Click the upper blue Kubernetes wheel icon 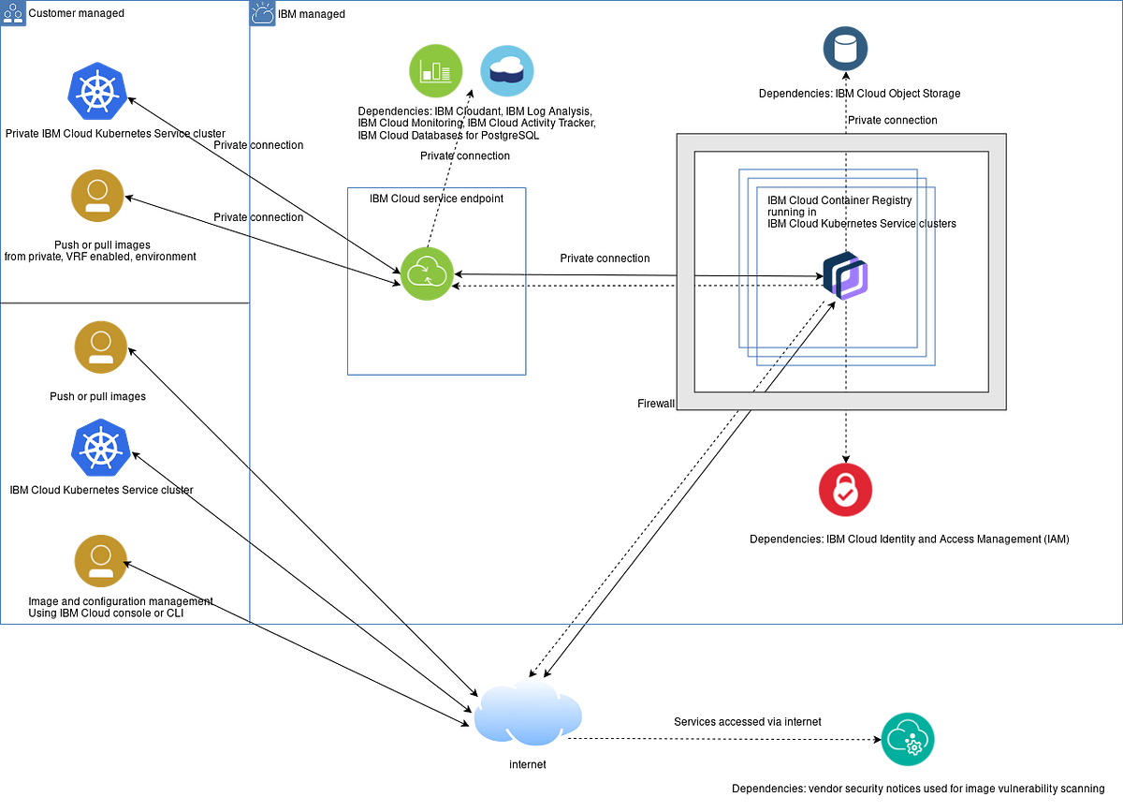pos(96,92)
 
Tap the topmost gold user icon pos(97,195)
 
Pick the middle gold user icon pos(101,347)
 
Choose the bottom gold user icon pos(101,561)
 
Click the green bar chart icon pos(435,70)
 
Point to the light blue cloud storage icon pos(506,70)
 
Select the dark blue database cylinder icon pos(845,48)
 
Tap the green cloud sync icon pos(428,273)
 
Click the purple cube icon pos(847,276)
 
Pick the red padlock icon pos(845,489)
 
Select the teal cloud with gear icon pos(907,738)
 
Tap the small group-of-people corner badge pos(14,14)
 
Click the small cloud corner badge pos(261,14)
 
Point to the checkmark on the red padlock pos(845,494)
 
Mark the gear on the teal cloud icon pos(914,746)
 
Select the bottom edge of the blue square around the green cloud pos(437,375)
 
